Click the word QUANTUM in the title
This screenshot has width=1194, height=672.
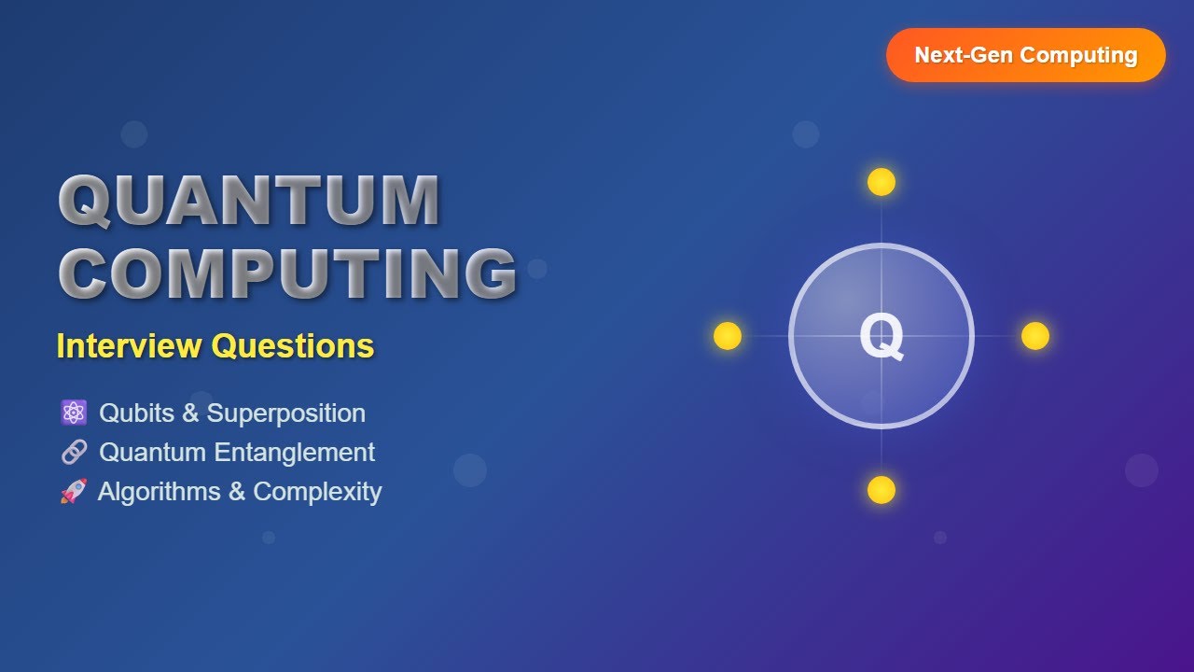click(x=249, y=201)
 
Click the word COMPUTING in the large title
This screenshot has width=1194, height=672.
click(x=288, y=273)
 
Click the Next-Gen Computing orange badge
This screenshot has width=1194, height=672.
click(x=1025, y=55)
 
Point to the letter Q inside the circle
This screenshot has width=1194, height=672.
click(x=882, y=337)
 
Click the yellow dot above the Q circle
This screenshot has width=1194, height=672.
click(x=882, y=182)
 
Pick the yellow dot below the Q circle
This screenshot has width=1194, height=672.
click(x=882, y=490)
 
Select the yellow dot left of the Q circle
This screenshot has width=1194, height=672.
click(x=728, y=336)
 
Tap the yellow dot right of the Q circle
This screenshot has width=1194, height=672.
click(x=1035, y=336)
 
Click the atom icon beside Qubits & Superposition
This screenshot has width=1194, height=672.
click(x=74, y=413)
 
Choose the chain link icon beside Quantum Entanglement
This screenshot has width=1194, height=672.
click(x=74, y=453)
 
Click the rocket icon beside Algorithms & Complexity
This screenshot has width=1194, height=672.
click(x=74, y=491)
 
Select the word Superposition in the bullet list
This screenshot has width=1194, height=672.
click(x=286, y=413)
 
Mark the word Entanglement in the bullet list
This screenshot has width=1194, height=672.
click(x=294, y=453)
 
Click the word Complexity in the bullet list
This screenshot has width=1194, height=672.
click(x=317, y=492)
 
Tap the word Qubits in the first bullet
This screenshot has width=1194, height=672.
click(x=136, y=413)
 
